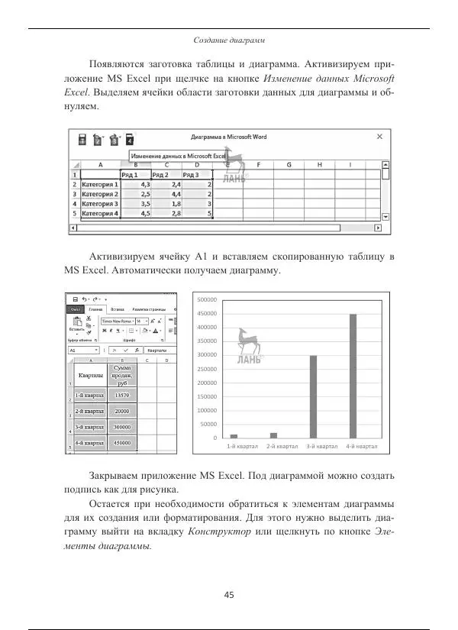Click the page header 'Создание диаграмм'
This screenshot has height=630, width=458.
point(229,39)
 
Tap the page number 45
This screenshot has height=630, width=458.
point(229,595)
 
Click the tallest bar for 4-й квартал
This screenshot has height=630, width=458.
point(353,376)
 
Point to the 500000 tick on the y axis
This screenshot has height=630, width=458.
point(207,300)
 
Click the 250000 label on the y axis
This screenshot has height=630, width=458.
point(207,369)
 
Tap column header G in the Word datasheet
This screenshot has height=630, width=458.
point(289,164)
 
